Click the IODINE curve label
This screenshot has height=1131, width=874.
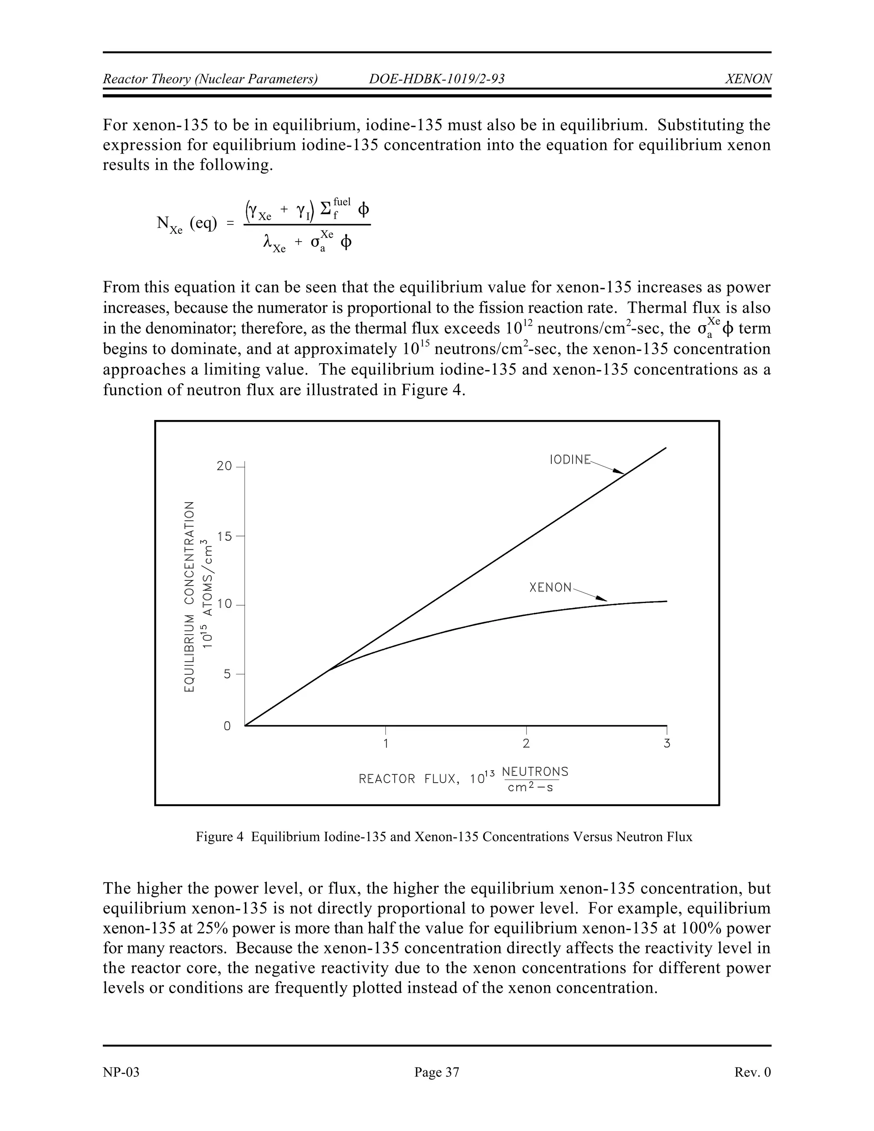point(570,459)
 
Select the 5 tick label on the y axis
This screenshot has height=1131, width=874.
point(227,674)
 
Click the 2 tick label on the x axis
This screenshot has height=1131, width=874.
point(526,743)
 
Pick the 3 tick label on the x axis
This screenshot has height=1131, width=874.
point(667,743)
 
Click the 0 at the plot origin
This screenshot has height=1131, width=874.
point(227,726)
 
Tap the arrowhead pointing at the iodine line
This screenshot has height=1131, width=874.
point(618,471)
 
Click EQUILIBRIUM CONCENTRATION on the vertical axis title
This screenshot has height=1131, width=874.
point(189,596)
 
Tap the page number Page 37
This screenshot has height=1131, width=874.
point(437,1072)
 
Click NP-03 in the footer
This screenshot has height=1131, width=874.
point(121,1072)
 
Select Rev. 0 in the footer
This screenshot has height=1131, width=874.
point(752,1072)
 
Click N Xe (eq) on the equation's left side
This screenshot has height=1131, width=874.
point(187,224)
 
